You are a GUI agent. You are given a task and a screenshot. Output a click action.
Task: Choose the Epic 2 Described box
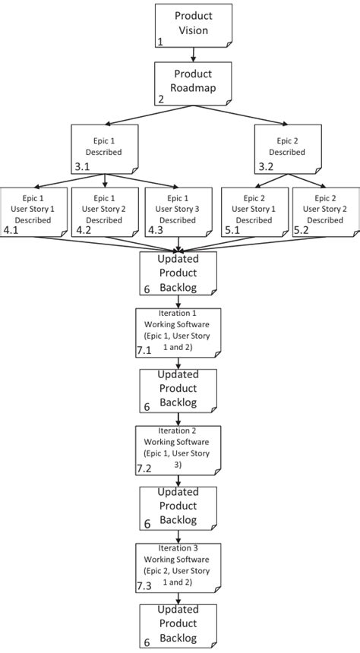(x=286, y=147)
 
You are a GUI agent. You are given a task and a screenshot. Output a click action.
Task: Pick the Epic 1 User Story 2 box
(x=104, y=210)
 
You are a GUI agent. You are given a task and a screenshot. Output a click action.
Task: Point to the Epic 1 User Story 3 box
(x=176, y=210)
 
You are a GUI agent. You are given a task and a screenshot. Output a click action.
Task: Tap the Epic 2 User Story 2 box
(x=325, y=210)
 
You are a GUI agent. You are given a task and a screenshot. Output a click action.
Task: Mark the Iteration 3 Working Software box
(x=178, y=566)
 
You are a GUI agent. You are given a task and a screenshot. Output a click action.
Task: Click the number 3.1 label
(x=82, y=166)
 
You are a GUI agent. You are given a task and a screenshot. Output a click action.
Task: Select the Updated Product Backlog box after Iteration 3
(x=178, y=626)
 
